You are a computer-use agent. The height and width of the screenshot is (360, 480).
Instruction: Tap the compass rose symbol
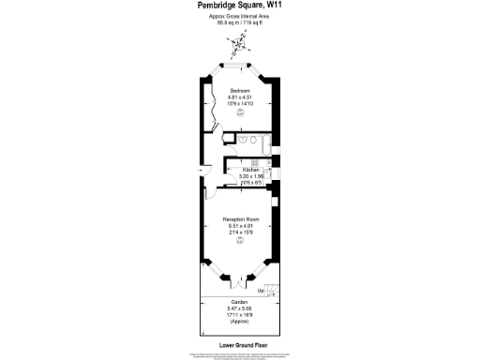[x=241, y=41]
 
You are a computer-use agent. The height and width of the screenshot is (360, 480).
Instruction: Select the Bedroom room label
[x=240, y=90]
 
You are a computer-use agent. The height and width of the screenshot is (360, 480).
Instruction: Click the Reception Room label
[x=240, y=218]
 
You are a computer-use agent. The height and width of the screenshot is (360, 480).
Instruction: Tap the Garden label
[x=240, y=301]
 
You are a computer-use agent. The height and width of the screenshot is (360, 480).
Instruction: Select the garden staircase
[x=270, y=290]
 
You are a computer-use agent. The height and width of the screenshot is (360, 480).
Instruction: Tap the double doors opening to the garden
[x=240, y=279]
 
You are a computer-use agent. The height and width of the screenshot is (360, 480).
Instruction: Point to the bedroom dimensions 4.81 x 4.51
[x=240, y=97]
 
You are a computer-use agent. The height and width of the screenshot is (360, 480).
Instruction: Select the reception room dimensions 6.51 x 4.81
[x=240, y=225]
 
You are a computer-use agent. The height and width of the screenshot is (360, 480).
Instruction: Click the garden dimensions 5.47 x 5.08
[x=240, y=307]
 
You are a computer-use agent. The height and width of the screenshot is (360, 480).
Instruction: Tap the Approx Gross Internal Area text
[x=240, y=16]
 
